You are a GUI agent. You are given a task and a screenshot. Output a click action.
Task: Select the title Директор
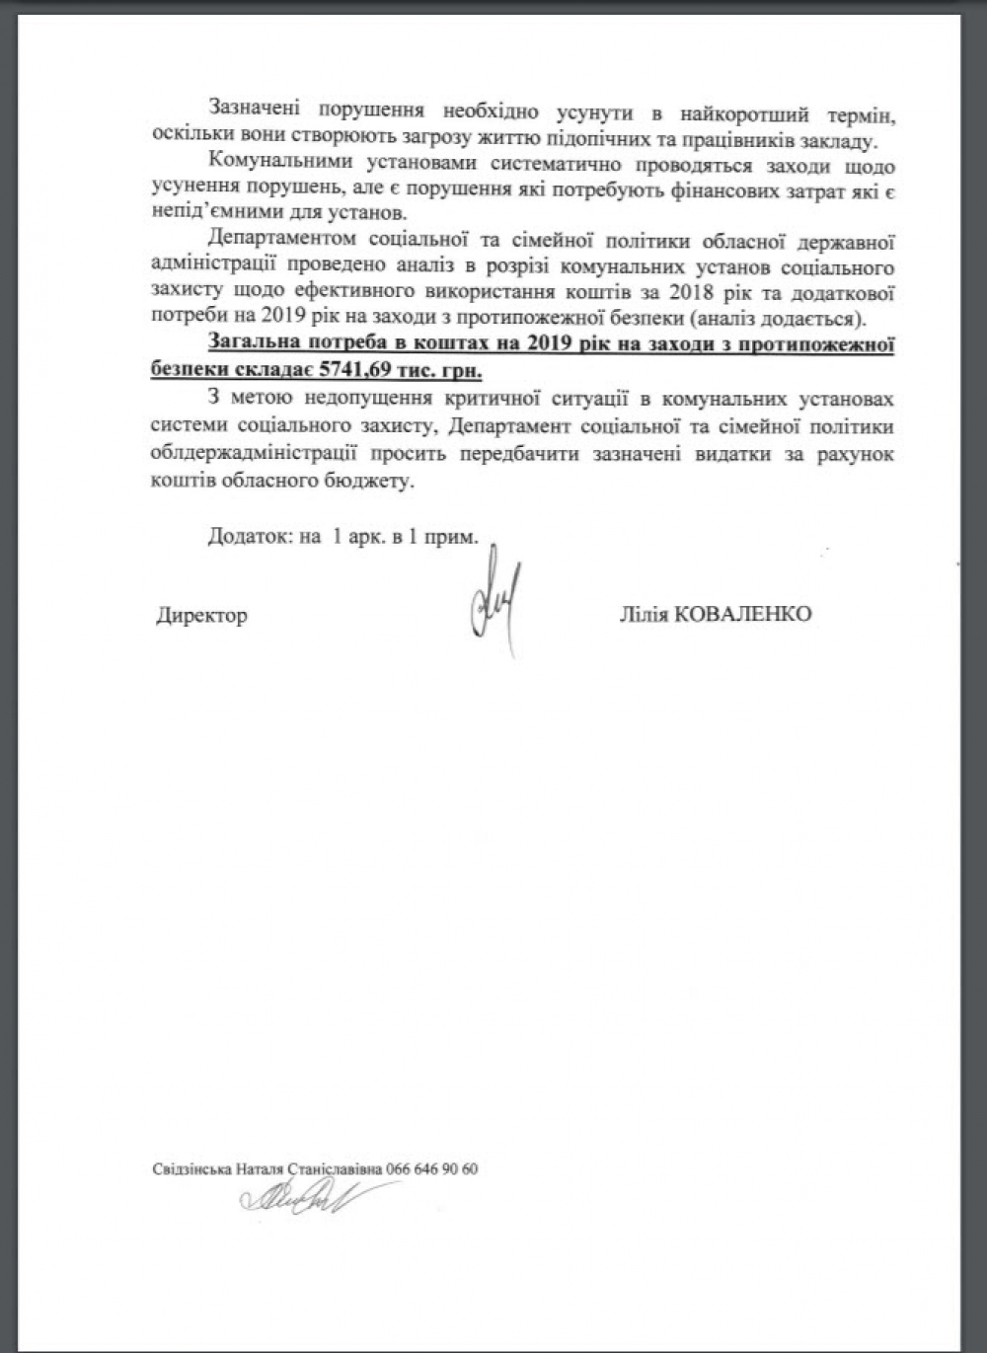click(201, 616)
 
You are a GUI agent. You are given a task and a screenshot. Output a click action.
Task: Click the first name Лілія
click(643, 614)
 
